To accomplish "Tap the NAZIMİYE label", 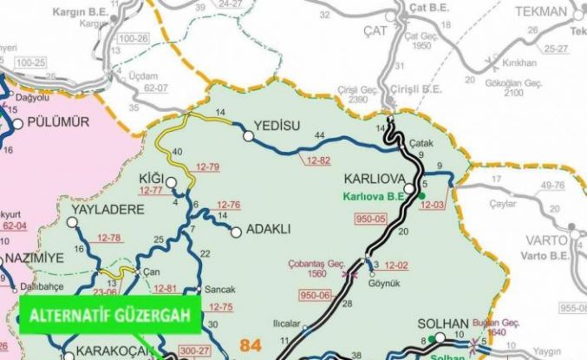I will click(37, 259).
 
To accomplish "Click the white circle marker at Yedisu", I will click(249, 135).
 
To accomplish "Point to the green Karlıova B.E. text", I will click(375, 196).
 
